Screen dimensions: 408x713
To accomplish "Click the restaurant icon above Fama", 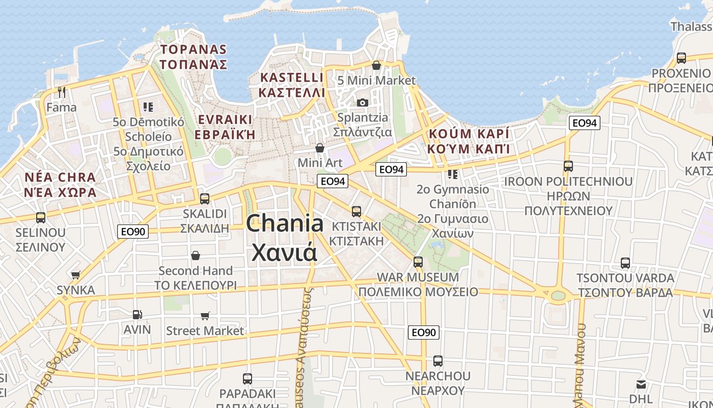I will point(62,92).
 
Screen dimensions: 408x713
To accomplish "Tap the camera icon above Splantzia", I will point(363,103).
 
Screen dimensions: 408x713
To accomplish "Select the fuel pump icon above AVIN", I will point(137,315).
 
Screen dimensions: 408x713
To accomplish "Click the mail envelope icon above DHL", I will point(641,384).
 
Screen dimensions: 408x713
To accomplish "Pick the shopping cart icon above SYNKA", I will point(76,275).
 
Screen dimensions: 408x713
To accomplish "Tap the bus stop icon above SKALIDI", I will point(205,198).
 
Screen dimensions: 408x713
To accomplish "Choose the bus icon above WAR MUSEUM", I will point(418,262).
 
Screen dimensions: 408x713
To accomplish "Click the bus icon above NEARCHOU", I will point(437,361).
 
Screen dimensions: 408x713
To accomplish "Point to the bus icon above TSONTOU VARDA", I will point(625,263).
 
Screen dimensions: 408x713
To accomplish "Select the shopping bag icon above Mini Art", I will point(320,148).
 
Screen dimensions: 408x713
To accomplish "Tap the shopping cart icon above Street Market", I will point(205,316).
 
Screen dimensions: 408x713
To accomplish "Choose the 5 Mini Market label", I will point(376,81).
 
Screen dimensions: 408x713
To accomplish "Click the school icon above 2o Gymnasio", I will point(453,174).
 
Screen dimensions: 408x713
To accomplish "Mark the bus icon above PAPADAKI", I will point(248,379).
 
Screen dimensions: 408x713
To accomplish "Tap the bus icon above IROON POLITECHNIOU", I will point(568,166).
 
